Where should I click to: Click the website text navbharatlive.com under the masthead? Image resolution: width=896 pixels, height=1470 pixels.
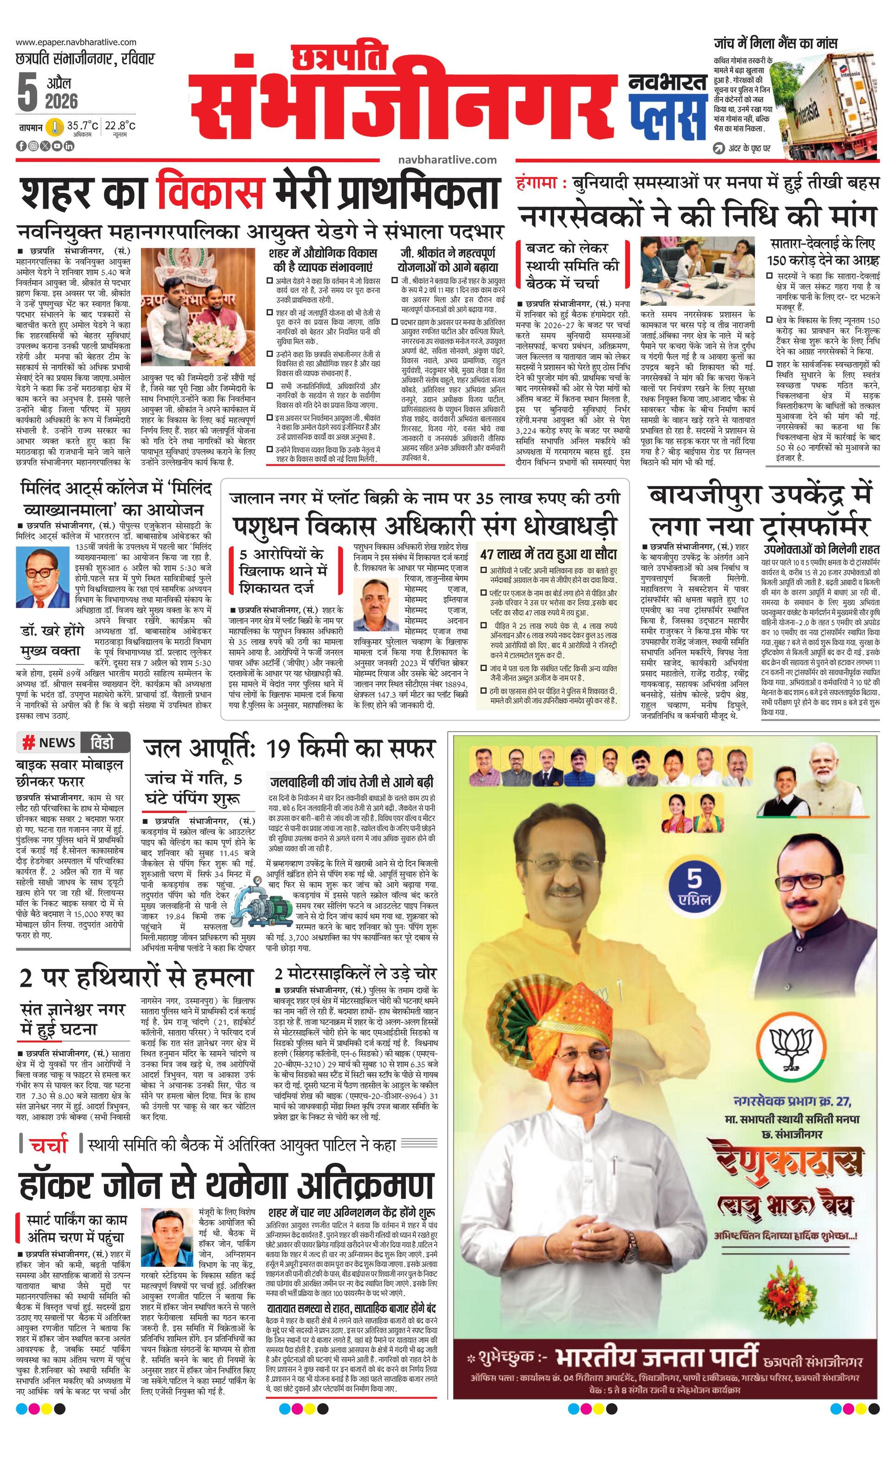point(447,160)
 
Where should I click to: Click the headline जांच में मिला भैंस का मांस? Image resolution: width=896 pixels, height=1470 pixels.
point(775,43)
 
